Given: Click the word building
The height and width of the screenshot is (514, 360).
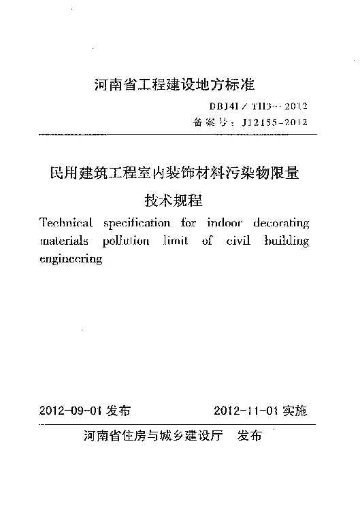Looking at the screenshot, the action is click(x=287, y=241).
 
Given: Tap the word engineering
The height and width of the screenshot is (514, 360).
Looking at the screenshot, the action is click(x=71, y=260).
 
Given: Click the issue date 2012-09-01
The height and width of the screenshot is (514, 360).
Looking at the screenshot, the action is click(x=71, y=411).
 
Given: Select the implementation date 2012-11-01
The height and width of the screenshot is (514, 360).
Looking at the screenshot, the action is click(x=246, y=411).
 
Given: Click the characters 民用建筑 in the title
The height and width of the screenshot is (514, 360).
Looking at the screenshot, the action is click(x=69, y=173).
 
